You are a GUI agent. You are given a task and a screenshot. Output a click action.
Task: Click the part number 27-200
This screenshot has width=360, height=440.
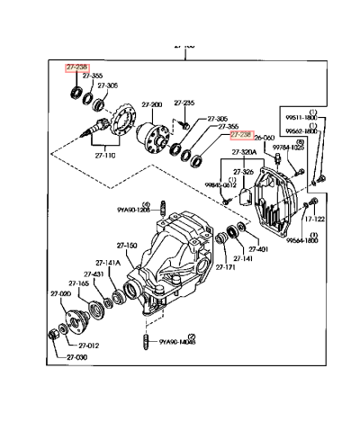point(151,105)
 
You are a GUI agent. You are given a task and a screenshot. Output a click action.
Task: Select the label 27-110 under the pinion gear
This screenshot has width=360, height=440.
point(106,154)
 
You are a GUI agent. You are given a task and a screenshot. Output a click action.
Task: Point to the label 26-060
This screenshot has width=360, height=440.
point(264,139)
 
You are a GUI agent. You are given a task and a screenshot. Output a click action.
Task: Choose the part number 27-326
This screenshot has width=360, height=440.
point(243,171)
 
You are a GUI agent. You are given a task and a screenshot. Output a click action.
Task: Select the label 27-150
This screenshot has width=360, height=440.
point(126,245)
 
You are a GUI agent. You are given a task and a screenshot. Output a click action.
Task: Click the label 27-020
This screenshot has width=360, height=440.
point(60,294)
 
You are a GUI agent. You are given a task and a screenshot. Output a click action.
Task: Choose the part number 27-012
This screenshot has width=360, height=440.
point(87,345)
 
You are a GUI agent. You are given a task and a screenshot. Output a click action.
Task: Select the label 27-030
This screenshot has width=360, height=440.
point(77,358)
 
